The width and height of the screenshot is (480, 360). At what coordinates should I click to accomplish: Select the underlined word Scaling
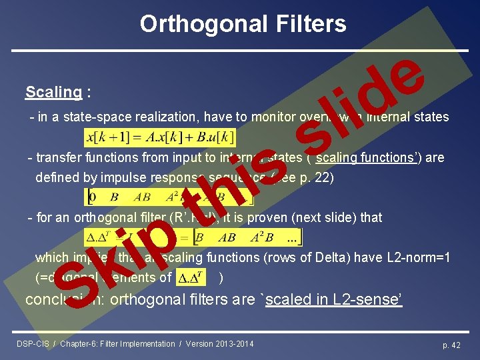tap(53, 92)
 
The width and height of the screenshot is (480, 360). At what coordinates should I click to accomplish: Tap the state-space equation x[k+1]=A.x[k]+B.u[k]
tap(160, 138)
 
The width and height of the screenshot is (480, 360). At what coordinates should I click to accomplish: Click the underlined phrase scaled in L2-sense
tap(333, 299)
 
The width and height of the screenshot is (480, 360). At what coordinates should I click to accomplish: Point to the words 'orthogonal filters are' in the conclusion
tap(187, 299)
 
